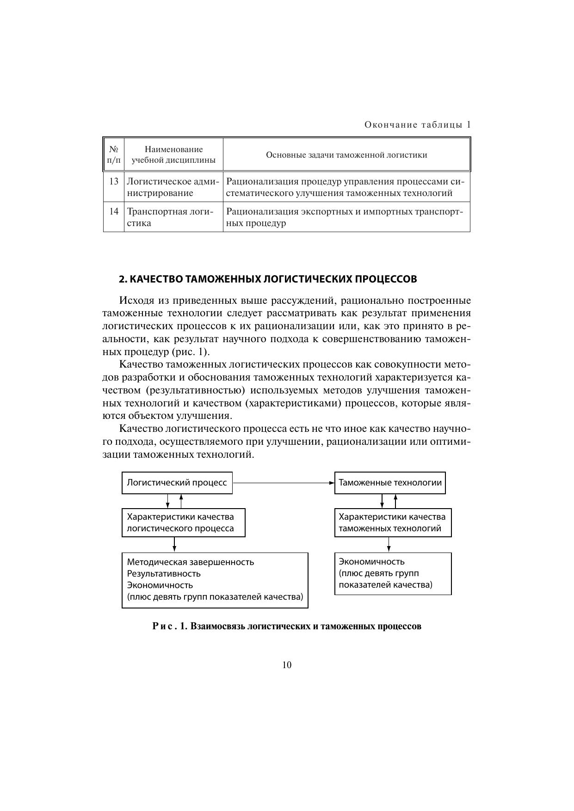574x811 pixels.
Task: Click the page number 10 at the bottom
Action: [287, 665]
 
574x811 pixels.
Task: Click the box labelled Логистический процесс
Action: [177, 483]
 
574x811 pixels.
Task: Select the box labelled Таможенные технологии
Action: [390, 483]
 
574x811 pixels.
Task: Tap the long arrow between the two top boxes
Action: [283, 483]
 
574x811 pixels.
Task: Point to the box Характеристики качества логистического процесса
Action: [183, 523]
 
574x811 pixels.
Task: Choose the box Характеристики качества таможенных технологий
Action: [393, 523]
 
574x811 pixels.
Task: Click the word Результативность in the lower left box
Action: [164, 573]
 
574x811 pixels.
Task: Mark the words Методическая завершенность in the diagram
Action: [191, 562]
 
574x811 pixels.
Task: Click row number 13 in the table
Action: [114, 181]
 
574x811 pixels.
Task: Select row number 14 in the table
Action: [114, 212]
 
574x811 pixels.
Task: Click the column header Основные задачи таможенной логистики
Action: [346, 155]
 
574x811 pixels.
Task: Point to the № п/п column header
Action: [114, 155]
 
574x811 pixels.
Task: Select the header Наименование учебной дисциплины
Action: [173, 155]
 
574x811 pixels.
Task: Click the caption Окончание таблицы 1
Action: [417, 125]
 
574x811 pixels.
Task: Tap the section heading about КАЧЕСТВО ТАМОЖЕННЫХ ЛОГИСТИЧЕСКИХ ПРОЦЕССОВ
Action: [268, 279]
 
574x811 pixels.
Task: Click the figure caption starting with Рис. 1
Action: [287, 627]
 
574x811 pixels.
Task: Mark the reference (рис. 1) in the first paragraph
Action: [191, 352]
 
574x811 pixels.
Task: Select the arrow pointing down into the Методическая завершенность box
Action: [174, 544]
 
